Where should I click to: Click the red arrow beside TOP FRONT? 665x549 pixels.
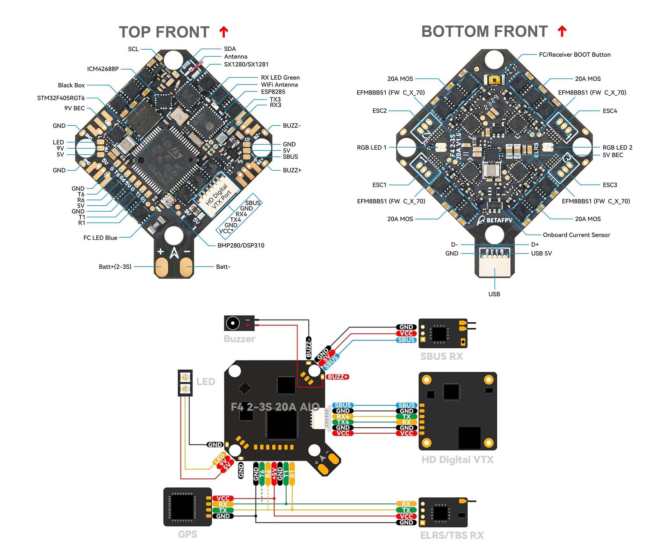[223, 31]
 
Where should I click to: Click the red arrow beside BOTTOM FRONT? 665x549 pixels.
[562, 31]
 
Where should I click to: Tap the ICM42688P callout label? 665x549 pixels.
[103, 69]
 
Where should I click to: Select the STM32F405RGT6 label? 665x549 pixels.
[61, 98]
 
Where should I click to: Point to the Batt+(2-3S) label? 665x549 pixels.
[115, 266]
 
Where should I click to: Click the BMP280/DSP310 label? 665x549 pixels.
[240, 245]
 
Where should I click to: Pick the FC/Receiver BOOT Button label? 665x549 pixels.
[574, 54]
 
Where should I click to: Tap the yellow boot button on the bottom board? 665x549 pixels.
[493, 80]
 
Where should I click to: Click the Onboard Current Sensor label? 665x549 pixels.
[576, 235]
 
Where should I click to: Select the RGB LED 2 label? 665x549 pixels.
[617, 147]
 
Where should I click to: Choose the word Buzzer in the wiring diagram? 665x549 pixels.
[239, 339]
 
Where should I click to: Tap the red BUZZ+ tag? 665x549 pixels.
[338, 377]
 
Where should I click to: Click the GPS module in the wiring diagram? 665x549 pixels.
[187, 507]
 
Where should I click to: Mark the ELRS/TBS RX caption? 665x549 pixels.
[452, 535]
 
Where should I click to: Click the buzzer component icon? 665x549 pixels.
[239, 323]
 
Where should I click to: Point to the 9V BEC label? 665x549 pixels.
[74, 108]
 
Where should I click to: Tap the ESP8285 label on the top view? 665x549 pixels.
[273, 92]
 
